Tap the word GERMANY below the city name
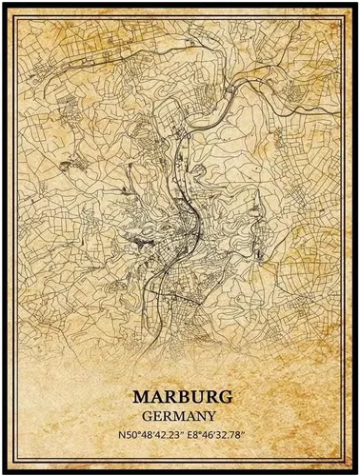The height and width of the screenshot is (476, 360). point(179,415)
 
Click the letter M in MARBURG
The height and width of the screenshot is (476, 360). point(139,397)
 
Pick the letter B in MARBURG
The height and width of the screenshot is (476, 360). point(180,397)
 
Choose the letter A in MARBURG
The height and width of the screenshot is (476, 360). point(153,397)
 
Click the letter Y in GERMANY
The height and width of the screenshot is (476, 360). point(209,415)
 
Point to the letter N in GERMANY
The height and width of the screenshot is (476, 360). point(198,415)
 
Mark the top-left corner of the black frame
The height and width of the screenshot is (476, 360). point(5,5)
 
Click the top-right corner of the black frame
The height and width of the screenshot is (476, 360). point(355,5)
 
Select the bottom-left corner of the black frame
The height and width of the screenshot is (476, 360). point(5,470)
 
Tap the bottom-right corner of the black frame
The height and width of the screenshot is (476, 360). point(355,470)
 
